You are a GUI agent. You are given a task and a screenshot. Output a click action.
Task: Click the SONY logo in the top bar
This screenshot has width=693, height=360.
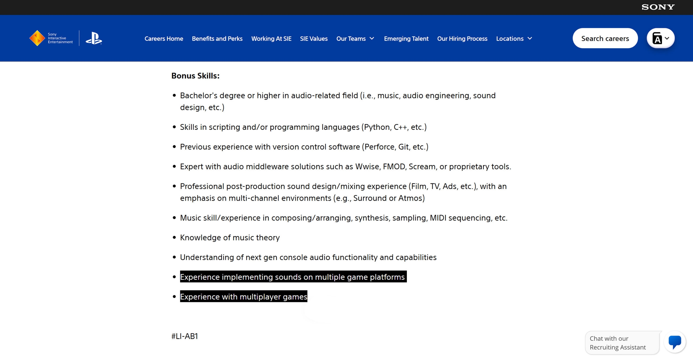(x=658, y=7)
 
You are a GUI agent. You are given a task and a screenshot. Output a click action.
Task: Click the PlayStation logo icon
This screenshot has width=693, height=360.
(x=94, y=38)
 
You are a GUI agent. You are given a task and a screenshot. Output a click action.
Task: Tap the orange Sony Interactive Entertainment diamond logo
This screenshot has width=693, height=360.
(x=37, y=38)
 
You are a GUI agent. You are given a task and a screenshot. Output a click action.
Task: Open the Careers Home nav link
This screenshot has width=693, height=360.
(x=164, y=39)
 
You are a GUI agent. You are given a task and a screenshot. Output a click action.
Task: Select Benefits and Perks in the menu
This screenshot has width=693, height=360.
(x=217, y=39)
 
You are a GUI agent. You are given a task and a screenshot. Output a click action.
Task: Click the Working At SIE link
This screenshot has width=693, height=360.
(x=271, y=39)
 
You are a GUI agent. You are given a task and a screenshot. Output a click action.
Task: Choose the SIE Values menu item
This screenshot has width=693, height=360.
(x=314, y=39)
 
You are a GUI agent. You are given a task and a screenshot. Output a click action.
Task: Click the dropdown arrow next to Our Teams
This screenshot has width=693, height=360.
(x=372, y=38)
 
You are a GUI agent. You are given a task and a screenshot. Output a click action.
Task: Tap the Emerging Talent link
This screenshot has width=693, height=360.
(x=406, y=39)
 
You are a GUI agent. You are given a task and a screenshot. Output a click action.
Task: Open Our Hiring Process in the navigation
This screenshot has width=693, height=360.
(x=462, y=39)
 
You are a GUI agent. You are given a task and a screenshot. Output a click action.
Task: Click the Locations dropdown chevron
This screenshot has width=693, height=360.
(x=530, y=38)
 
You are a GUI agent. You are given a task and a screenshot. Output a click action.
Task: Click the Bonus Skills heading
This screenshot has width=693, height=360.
(x=195, y=76)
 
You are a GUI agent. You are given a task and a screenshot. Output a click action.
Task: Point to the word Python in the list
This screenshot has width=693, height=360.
(x=377, y=127)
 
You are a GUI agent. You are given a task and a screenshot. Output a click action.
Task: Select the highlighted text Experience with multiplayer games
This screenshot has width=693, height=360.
(x=243, y=297)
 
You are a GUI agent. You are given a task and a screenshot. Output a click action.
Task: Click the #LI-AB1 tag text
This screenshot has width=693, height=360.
(x=184, y=336)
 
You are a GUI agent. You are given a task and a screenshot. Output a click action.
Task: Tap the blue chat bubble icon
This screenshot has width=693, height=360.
(x=675, y=342)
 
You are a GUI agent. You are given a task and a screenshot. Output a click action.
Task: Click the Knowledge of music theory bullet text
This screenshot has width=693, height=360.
(x=230, y=238)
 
